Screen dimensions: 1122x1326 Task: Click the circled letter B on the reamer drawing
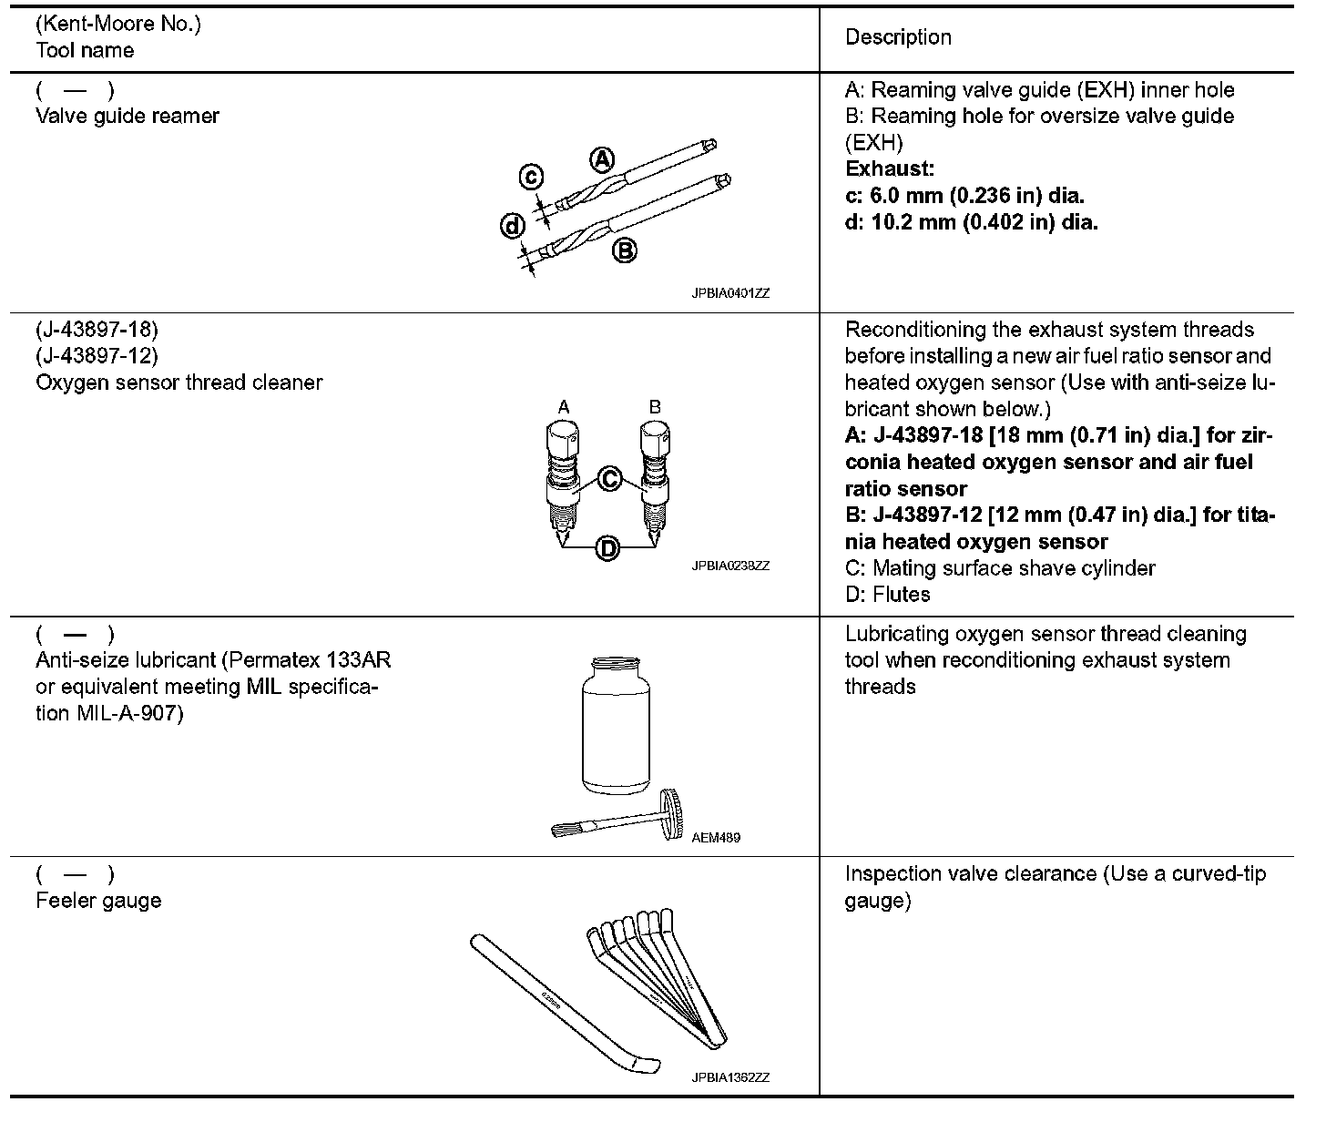coord(624,250)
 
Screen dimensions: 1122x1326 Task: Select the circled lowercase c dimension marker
coord(532,177)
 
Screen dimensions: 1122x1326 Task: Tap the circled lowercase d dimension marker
coord(514,226)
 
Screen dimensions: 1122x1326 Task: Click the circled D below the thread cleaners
coord(607,548)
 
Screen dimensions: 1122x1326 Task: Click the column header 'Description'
coord(898,37)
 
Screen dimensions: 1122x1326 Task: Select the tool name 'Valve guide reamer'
coord(127,117)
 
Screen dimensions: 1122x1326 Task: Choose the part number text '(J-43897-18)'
coord(97,330)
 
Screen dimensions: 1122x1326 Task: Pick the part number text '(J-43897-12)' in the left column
coord(97,356)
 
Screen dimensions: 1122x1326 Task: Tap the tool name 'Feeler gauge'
coord(98,901)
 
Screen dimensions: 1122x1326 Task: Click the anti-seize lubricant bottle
coord(616,725)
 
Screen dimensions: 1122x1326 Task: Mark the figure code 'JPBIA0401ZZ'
coord(729,293)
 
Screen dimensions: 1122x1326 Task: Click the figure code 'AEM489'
coord(716,838)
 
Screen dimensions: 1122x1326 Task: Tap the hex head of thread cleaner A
coord(564,443)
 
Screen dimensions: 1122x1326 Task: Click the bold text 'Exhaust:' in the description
coord(890,169)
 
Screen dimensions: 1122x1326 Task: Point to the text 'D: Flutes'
coord(888,595)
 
